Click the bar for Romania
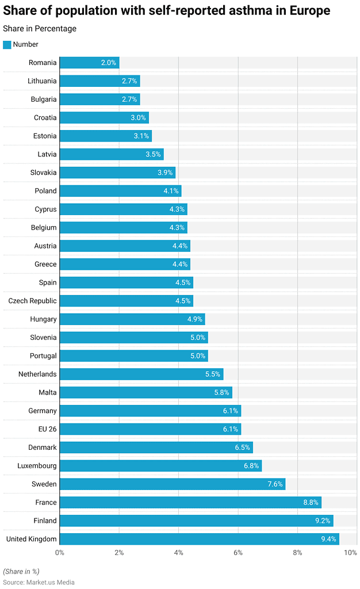(x=89, y=63)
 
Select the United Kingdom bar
(x=199, y=539)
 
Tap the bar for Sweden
(x=172, y=484)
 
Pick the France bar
(x=190, y=503)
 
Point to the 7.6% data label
(x=275, y=484)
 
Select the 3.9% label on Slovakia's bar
(x=165, y=173)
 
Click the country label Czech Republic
(x=32, y=301)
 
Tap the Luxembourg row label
(x=37, y=466)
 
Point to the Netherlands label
(x=37, y=374)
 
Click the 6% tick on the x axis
(x=238, y=553)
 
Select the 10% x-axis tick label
(x=350, y=553)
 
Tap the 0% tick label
(x=60, y=553)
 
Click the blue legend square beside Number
(x=7, y=45)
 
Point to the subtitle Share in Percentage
(x=40, y=29)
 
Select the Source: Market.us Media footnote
(x=39, y=582)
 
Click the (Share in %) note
(x=21, y=571)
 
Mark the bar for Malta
(x=145, y=393)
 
